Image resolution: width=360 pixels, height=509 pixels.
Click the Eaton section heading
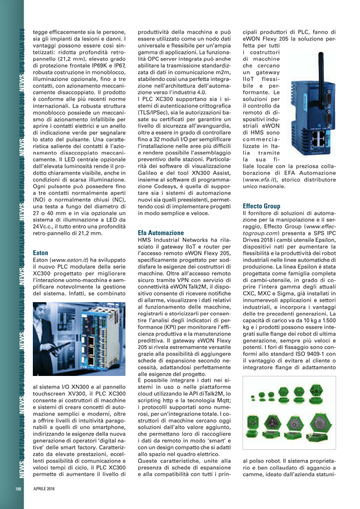pyautogui.click(x=40, y=253)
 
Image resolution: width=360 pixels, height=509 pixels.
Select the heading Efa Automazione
pyautogui.click(x=161, y=233)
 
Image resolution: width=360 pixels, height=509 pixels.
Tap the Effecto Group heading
pyautogui.click(x=261, y=206)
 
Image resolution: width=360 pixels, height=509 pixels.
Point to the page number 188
pyautogui.click(x=18, y=489)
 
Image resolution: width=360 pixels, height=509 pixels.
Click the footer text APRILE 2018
pyautogui.click(x=44, y=489)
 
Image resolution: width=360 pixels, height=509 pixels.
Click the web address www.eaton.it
pyautogui.click(x=65, y=260)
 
